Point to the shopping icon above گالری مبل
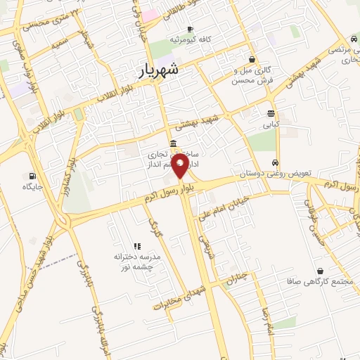(252, 60)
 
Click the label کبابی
(271, 124)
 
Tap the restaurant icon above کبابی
(271, 113)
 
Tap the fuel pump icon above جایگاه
(32, 176)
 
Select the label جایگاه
(32, 187)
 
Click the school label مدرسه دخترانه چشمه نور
(138, 261)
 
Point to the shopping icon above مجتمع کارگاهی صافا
(320, 270)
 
